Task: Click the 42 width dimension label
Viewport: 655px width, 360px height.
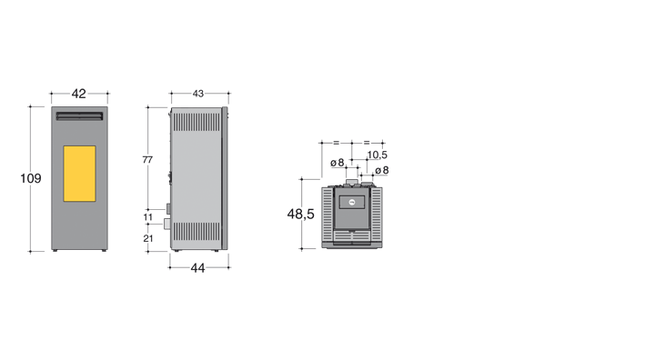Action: pyautogui.click(x=78, y=94)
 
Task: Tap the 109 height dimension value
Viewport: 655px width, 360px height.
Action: pyautogui.click(x=31, y=178)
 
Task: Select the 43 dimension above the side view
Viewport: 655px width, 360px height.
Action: pyautogui.click(x=198, y=94)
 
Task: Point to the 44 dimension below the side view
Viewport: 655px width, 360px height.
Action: pyautogui.click(x=197, y=268)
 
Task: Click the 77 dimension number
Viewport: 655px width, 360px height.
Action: pyautogui.click(x=147, y=159)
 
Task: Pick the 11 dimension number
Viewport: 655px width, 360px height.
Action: pyautogui.click(x=148, y=217)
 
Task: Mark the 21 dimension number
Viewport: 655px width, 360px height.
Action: pyautogui.click(x=148, y=238)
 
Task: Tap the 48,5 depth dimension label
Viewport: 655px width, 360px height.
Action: pyautogui.click(x=301, y=214)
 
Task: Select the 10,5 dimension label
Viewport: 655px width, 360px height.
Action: pyautogui.click(x=378, y=155)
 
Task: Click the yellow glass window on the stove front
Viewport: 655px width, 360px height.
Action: pyautogui.click(x=79, y=174)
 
